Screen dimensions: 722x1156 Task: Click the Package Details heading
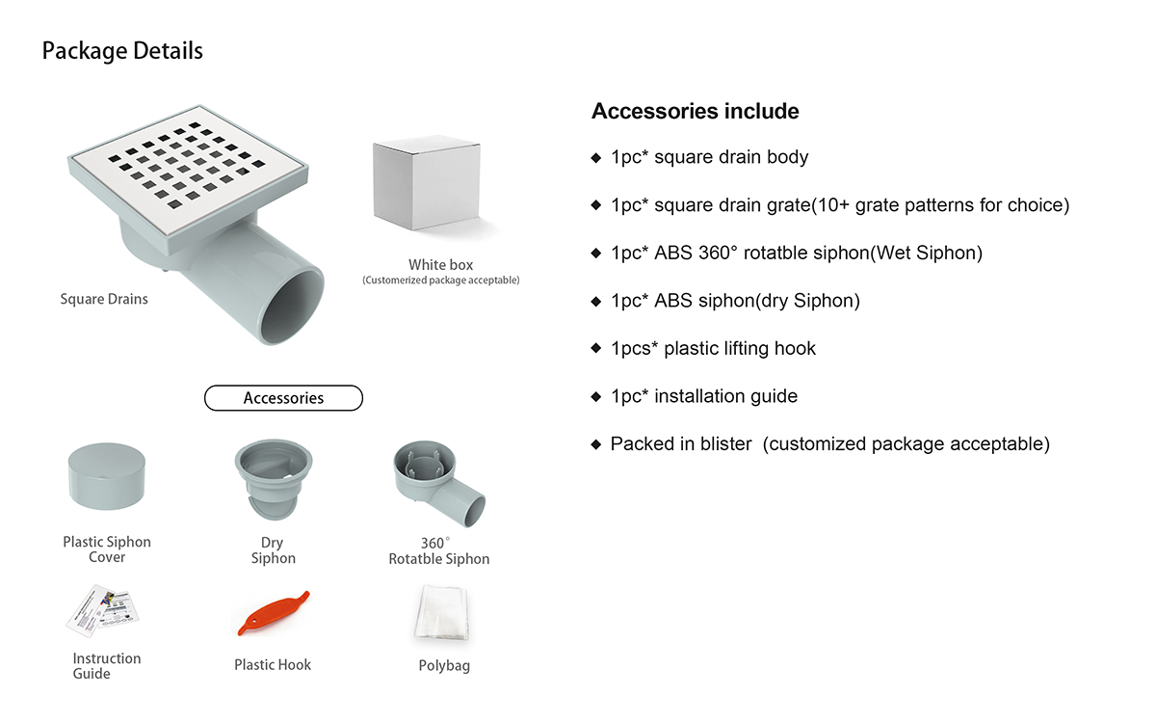(122, 51)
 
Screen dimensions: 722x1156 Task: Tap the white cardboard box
(426, 184)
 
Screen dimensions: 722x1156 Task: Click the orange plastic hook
(273, 614)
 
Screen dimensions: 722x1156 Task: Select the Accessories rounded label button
(283, 398)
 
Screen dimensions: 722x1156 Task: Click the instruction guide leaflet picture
(105, 611)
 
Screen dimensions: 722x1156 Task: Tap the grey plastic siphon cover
(107, 477)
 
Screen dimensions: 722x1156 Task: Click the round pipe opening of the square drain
(295, 306)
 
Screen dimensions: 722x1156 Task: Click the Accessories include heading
(696, 112)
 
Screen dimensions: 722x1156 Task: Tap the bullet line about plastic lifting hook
(713, 349)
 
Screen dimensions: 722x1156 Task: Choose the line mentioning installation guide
(703, 396)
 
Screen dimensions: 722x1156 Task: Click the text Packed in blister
(681, 444)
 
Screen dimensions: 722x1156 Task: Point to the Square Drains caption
(104, 299)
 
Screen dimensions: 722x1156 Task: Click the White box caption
(440, 265)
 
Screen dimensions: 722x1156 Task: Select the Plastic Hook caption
(273, 665)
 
